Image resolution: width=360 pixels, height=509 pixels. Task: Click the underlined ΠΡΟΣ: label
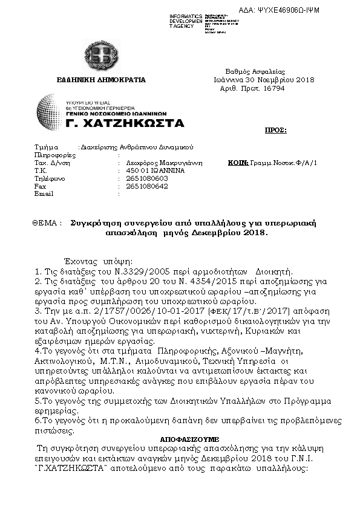[x=276, y=130]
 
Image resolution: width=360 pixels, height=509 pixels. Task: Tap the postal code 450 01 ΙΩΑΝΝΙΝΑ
[x=150, y=171]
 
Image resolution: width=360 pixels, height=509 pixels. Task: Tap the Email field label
[x=44, y=195]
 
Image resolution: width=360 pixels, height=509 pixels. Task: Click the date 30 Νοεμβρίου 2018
[x=280, y=79]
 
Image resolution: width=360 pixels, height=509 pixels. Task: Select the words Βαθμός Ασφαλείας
[x=255, y=71]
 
